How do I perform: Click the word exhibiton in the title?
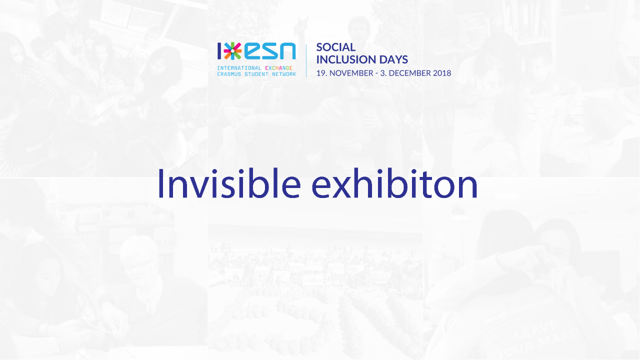(394, 183)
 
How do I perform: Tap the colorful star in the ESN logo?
(232, 51)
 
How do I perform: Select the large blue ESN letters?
(270, 51)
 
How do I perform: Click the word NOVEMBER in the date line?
(351, 73)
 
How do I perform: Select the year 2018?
(442, 73)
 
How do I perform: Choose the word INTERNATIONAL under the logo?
(239, 68)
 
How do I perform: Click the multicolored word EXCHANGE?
(278, 68)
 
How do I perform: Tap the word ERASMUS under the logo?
(228, 74)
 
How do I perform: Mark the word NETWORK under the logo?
(284, 74)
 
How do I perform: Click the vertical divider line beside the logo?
(306, 60)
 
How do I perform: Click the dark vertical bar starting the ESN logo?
(219, 51)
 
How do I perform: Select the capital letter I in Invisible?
(160, 183)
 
